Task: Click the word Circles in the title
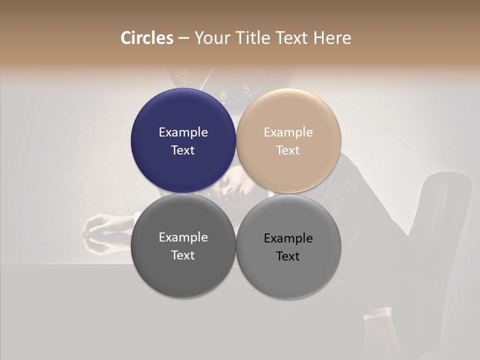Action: [x=147, y=38]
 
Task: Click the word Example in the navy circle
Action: [x=183, y=132]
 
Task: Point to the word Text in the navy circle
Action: [x=183, y=150]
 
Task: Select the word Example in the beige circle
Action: [x=288, y=132]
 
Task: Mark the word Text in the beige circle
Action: [x=288, y=150]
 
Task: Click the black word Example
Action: [x=288, y=238]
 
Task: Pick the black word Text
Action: [x=288, y=256]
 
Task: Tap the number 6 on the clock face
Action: [x=223, y=95]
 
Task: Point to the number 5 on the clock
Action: [x=246, y=89]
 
